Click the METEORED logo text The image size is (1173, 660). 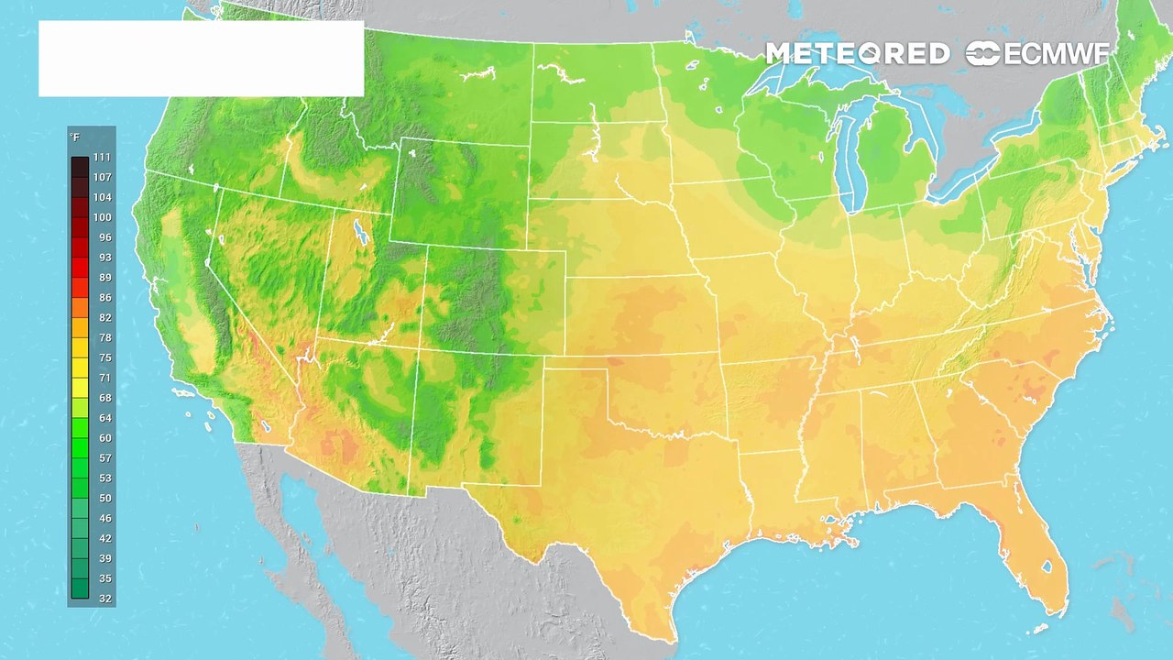pos(857,54)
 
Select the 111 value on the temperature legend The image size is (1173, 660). pos(102,158)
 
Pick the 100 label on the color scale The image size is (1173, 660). pos(102,217)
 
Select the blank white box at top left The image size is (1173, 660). pos(201,59)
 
